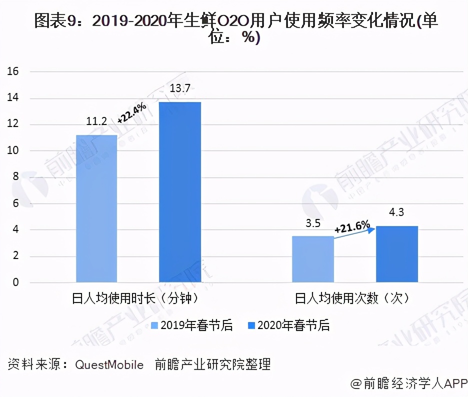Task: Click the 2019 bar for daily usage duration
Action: (x=96, y=208)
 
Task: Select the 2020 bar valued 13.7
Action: (x=180, y=192)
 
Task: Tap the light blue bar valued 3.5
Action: (x=312, y=259)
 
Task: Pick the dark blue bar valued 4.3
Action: (x=396, y=254)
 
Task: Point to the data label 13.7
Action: (x=180, y=89)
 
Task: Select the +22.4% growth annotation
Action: (x=132, y=112)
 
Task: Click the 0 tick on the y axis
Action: (x=15, y=282)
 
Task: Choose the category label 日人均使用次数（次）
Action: (x=352, y=299)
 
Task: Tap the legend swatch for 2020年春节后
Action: (x=251, y=325)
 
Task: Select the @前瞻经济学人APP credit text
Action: (x=407, y=384)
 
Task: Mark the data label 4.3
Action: (x=396, y=212)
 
